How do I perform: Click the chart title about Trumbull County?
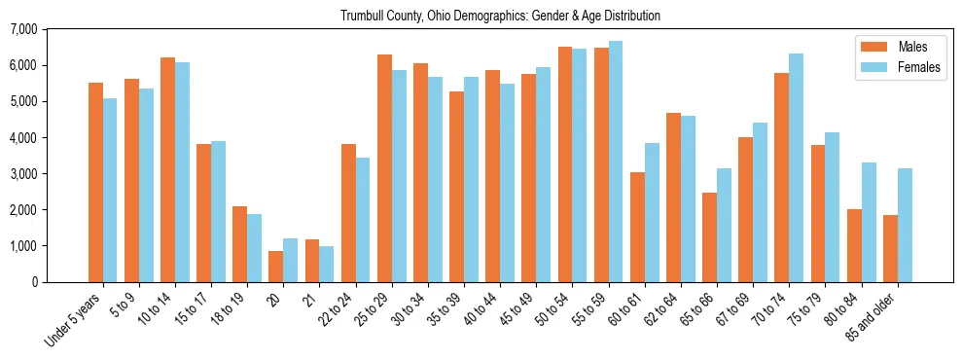click(x=500, y=16)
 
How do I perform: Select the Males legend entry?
click(x=899, y=47)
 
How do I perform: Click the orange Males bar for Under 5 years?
click(x=95, y=183)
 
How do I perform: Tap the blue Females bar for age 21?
click(x=327, y=264)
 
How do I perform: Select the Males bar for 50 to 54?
click(x=565, y=164)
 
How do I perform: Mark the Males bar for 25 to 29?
click(x=384, y=168)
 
